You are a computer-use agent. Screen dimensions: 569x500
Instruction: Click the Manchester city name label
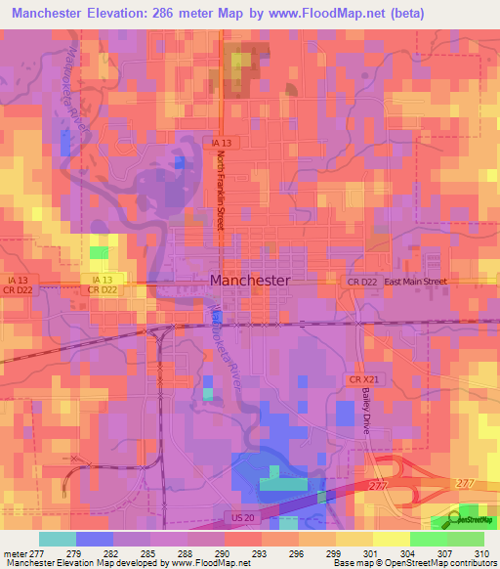(x=249, y=280)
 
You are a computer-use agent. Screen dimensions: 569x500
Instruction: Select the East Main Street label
(x=415, y=282)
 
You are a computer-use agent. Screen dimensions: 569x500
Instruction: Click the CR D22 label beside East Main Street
(x=361, y=282)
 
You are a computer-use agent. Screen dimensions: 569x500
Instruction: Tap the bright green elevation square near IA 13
(x=99, y=252)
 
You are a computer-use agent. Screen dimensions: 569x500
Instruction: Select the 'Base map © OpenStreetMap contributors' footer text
(x=414, y=563)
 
